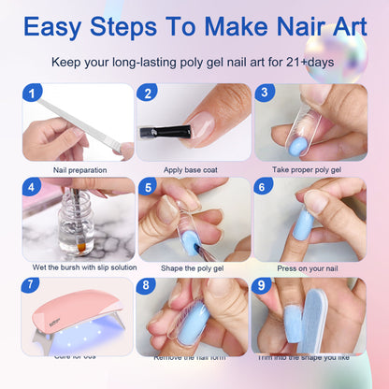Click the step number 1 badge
click(x=33, y=94)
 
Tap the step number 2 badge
click(x=148, y=94)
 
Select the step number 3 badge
click(x=265, y=94)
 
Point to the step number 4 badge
click(x=33, y=187)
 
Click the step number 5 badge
click(x=148, y=187)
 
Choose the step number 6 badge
click(x=265, y=187)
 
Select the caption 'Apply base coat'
click(x=194, y=169)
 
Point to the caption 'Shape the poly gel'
click(x=194, y=267)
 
